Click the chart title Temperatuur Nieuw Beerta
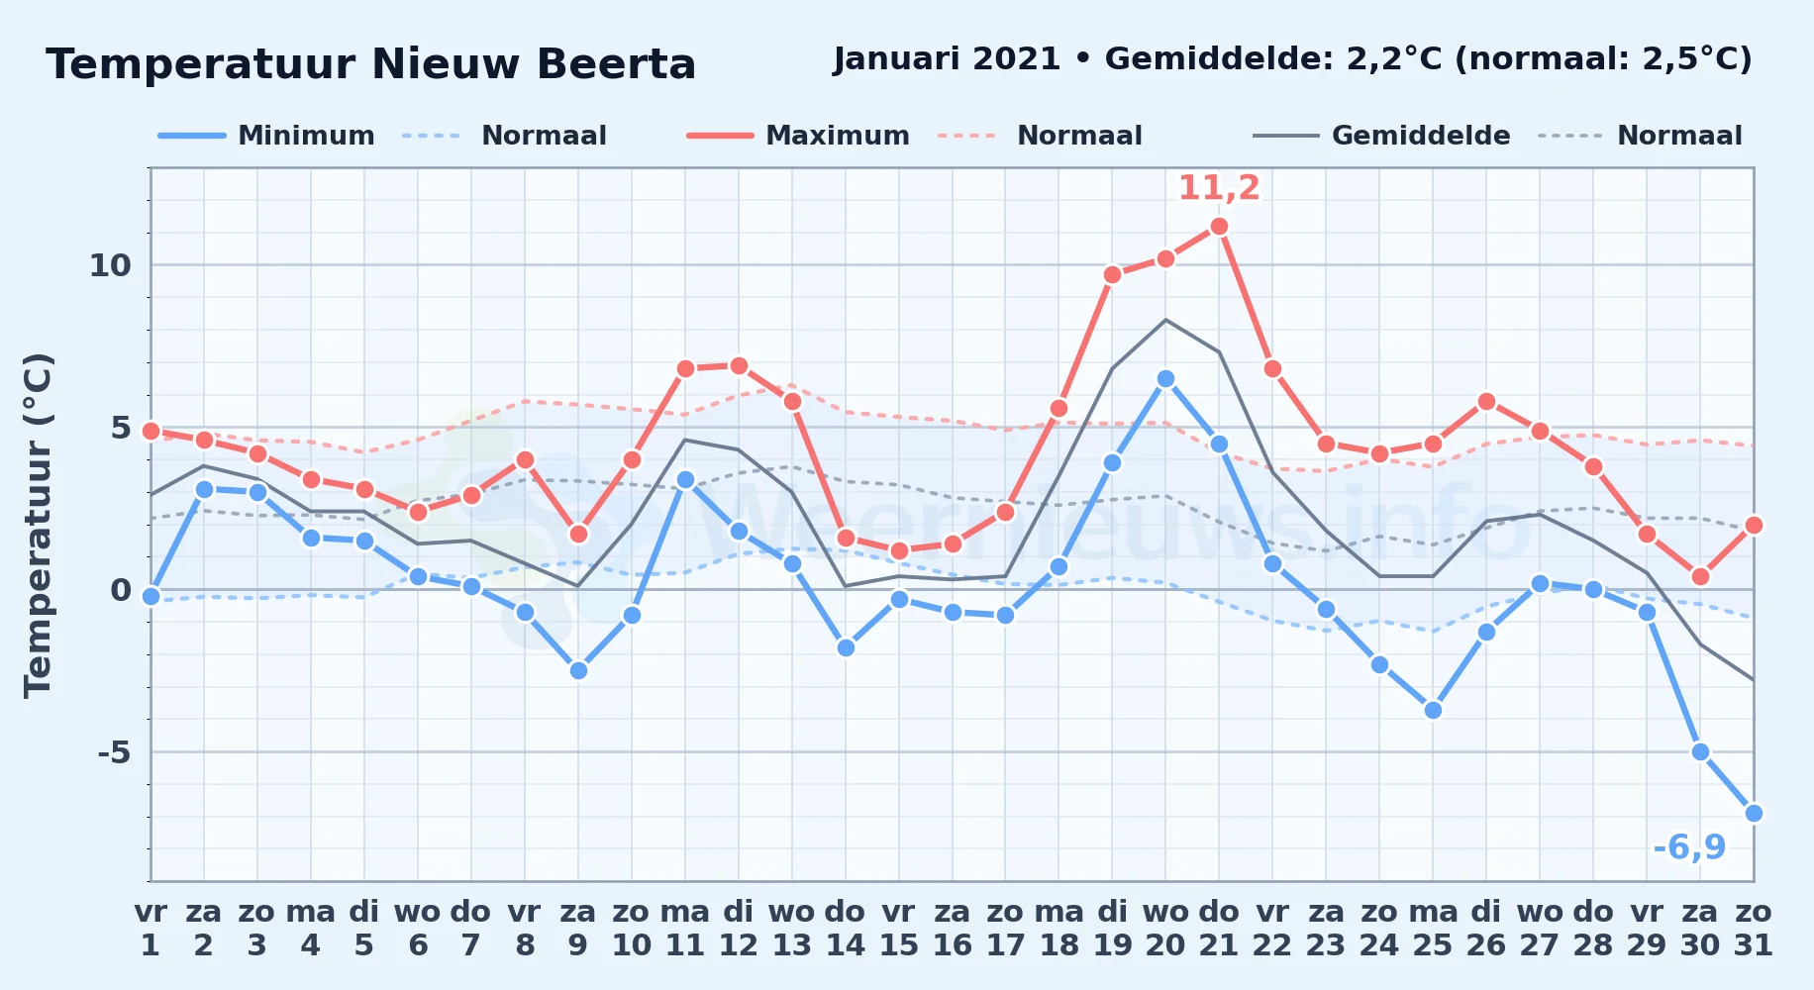coord(371,64)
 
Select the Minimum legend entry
coord(266,136)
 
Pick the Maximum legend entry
coord(798,136)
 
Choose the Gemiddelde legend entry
coord(1382,136)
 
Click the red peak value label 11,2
coord(1219,188)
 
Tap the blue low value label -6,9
coord(1689,847)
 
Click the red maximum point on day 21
coord(1219,227)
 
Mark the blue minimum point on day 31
coord(1754,814)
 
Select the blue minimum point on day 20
coord(1165,379)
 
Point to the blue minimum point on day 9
coord(578,671)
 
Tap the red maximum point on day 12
coord(739,366)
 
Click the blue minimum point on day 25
coord(1433,711)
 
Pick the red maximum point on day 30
coord(1700,577)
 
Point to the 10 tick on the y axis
coord(110,265)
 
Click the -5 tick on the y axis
coord(114,752)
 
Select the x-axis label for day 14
coord(846,929)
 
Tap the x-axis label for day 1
coord(151,929)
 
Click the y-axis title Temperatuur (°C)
coord(38,525)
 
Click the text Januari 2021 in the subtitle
coord(948,59)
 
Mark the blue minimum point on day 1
coord(151,596)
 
